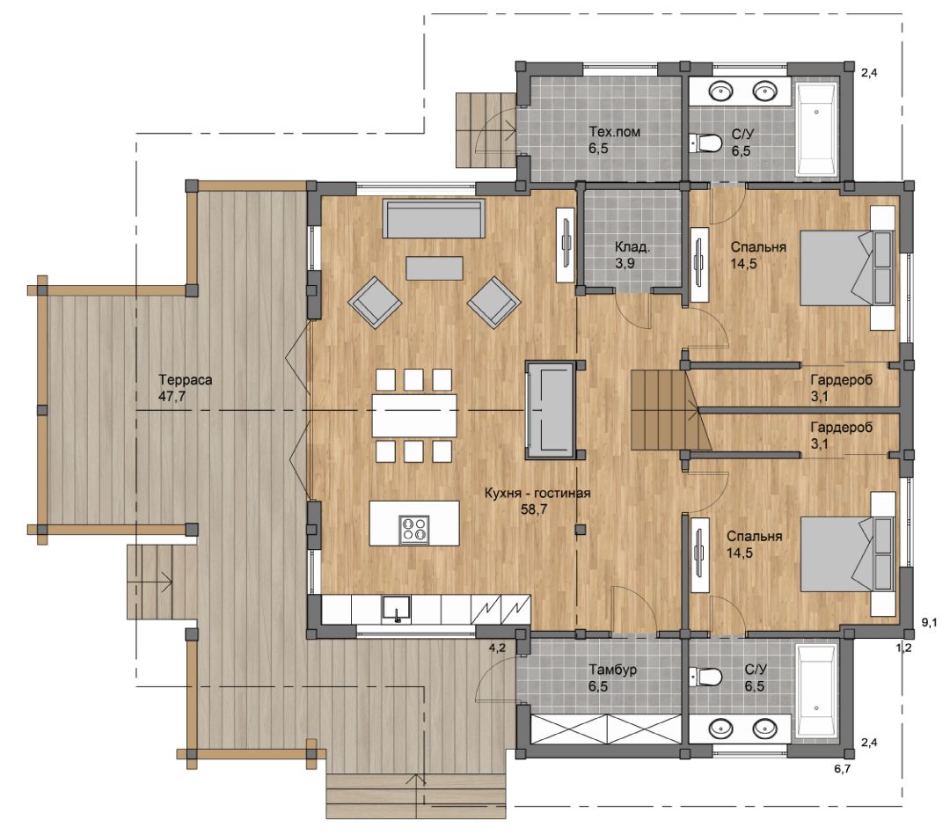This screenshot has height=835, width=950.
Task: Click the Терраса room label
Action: click(186, 380)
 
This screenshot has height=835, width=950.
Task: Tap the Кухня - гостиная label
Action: click(537, 494)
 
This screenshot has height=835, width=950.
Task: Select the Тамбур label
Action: click(612, 670)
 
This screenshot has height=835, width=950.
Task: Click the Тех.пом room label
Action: click(614, 132)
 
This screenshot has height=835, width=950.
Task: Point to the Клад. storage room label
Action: click(632, 247)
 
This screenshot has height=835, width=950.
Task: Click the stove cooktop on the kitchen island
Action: click(414, 529)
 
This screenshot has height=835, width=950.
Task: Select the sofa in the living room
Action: click(434, 219)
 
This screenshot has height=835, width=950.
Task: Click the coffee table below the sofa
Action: click(435, 268)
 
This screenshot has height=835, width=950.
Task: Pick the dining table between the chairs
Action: click(414, 415)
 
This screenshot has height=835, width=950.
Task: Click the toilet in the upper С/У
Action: click(705, 143)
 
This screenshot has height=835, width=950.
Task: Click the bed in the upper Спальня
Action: click(847, 267)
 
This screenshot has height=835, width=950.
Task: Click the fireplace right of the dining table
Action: click(550, 410)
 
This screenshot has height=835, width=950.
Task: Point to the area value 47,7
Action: click(172, 397)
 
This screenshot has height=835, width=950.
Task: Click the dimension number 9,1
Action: click(930, 622)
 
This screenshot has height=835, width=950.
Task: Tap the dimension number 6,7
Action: click(843, 769)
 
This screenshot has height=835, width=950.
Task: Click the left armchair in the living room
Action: click(375, 303)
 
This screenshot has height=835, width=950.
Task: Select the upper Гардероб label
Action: click(842, 380)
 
